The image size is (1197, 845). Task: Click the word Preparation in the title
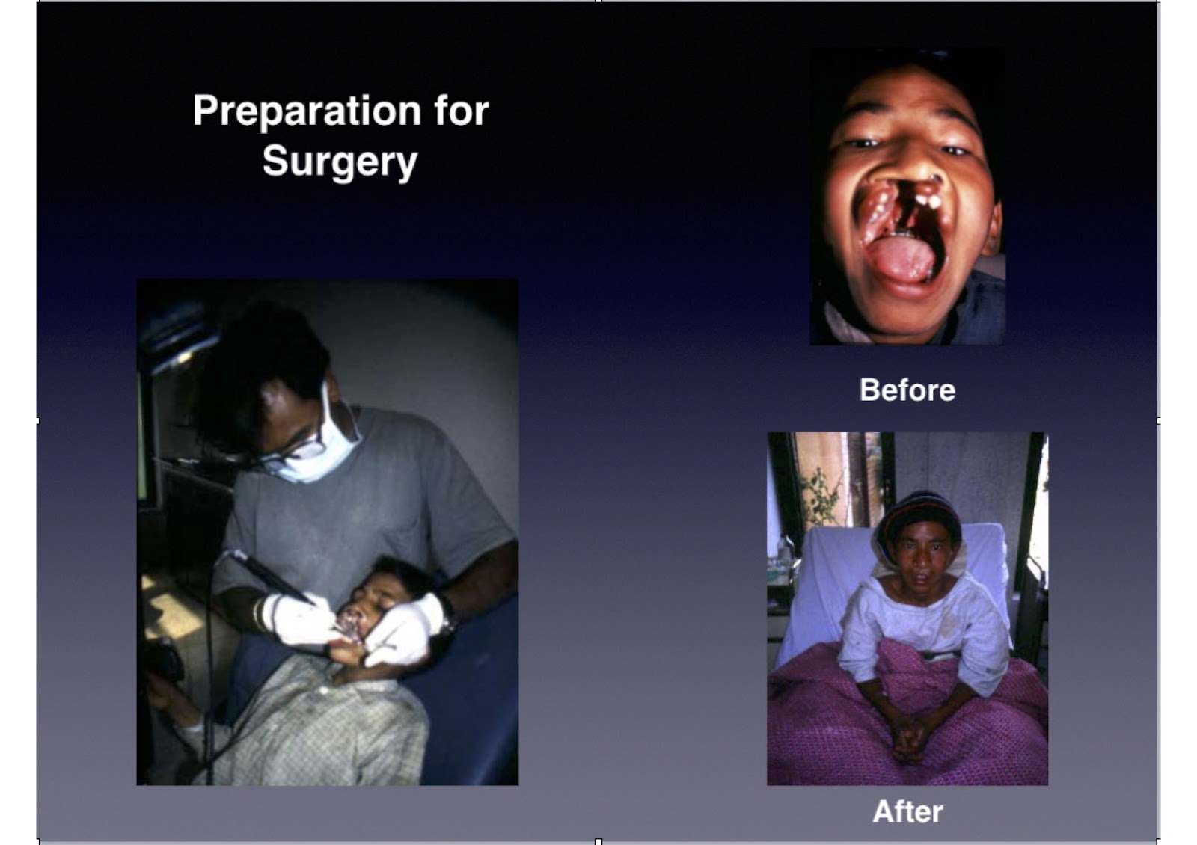point(307,111)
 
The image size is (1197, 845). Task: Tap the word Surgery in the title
point(340,162)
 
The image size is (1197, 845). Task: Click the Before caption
point(907,390)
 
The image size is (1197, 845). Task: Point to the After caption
point(907,811)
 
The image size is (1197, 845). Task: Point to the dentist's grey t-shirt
point(364,513)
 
